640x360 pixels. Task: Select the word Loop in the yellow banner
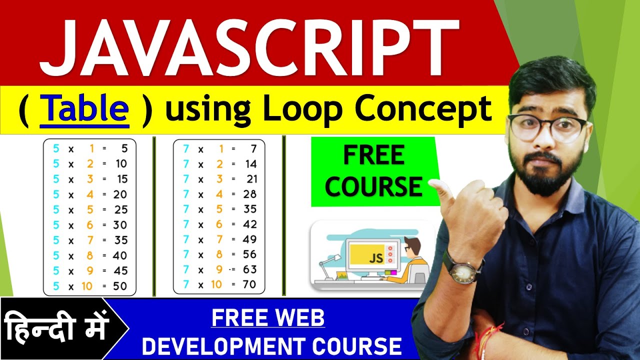tap(301, 109)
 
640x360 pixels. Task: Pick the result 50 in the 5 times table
tap(119, 286)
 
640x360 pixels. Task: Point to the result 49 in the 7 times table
tap(249, 239)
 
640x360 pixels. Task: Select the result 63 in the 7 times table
tap(249, 269)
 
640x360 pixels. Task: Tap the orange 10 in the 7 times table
tap(216, 285)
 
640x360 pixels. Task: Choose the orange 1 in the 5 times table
tap(92, 148)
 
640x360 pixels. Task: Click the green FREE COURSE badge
tap(374, 171)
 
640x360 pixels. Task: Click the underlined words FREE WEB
tap(268, 318)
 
